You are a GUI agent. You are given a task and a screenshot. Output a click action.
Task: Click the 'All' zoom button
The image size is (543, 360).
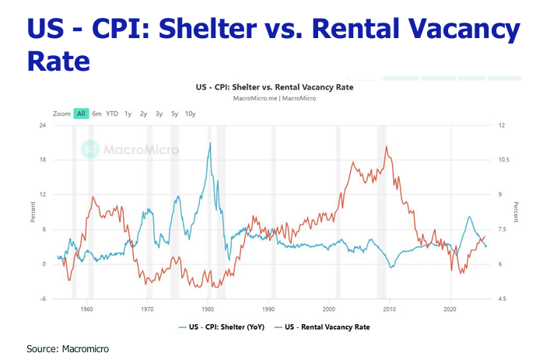(x=80, y=114)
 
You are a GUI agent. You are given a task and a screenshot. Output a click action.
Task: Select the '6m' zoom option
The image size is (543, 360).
(x=96, y=114)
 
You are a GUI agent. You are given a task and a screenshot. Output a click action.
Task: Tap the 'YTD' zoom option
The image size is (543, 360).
(x=112, y=114)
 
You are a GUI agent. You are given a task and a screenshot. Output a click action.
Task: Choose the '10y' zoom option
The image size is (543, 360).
(x=191, y=114)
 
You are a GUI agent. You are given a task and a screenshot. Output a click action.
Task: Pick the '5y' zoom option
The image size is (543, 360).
(x=174, y=114)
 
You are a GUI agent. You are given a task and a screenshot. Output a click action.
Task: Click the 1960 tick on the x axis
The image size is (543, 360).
(x=87, y=309)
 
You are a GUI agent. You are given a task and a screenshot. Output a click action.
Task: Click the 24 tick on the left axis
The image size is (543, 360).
(x=43, y=126)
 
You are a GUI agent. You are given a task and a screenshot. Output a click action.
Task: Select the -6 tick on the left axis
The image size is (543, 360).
(x=43, y=299)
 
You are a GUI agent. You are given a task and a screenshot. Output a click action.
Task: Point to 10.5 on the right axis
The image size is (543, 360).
(x=503, y=160)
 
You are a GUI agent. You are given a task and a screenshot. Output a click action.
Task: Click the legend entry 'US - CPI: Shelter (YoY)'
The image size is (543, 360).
(x=226, y=327)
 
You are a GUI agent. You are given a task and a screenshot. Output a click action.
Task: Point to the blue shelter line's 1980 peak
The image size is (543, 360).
(x=210, y=143)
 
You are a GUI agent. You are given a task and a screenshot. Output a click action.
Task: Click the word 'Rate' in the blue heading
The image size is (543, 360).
(x=57, y=60)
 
